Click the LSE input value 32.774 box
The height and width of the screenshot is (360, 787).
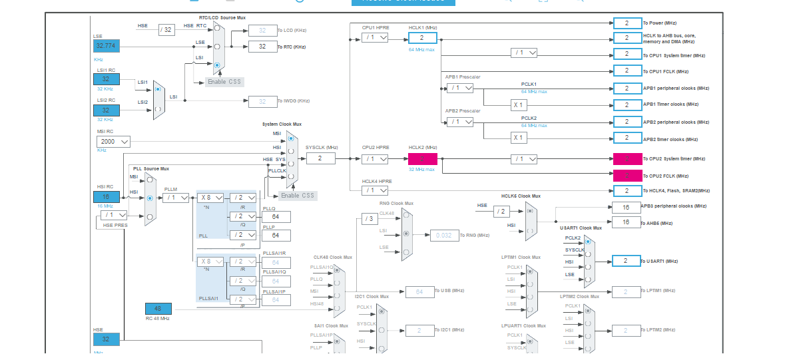106,46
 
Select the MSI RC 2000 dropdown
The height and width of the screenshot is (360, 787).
113,142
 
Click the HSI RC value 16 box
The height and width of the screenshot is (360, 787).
106,197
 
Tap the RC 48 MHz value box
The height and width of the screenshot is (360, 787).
158,309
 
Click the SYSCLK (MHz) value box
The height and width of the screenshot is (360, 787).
320,158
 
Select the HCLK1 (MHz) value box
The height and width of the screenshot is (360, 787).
422,38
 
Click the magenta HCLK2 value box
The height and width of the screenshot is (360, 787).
422,159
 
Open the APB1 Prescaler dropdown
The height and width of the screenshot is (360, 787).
460,88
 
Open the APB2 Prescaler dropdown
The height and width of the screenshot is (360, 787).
460,122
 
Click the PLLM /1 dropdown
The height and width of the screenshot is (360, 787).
176,198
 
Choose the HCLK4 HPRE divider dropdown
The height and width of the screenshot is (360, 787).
375,190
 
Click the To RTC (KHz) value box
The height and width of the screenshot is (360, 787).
262,47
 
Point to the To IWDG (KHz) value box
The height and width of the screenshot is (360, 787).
262,101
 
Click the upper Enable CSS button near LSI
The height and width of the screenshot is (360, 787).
224,82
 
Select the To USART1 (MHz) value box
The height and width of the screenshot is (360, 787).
626,261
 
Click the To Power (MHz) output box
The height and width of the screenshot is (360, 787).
627,23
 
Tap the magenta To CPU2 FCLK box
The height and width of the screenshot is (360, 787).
627,176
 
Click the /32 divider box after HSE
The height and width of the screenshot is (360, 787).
166,29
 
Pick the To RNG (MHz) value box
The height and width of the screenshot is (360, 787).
443,235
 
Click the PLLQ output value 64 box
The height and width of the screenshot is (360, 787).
280,217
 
